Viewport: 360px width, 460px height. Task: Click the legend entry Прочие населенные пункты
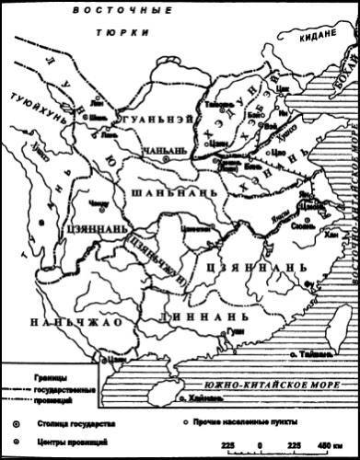click(x=250, y=422)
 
